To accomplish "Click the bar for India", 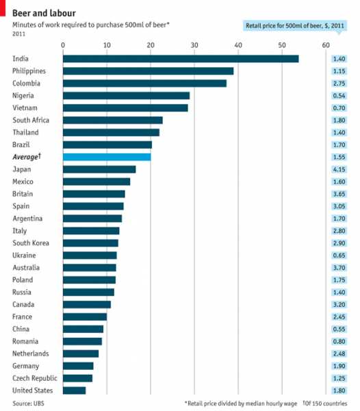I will coord(181,58).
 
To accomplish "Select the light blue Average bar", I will coord(107,157).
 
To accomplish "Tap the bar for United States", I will coord(75,390).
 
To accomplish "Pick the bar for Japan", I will coord(99,169).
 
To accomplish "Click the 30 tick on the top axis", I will coord(194,45).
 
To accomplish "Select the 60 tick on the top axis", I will coord(326,45).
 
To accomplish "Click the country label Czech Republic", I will coord(36,378).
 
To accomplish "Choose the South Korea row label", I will coord(31,243).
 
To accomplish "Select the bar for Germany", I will coord(78,366).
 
